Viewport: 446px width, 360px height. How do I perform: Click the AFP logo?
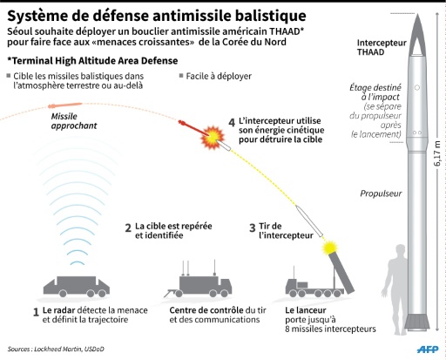coord(428,349)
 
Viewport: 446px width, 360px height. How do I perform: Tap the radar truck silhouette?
coord(77,287)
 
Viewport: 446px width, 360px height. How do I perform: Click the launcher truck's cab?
coord(292,286)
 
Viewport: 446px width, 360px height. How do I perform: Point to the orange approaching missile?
coord(64,105)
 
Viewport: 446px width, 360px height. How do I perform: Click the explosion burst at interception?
coord(213,136)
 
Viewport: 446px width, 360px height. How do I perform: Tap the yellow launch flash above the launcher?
coord(330,248)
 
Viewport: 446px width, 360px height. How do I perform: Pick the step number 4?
coord(232,123)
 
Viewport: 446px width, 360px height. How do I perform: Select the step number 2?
coord(128,228)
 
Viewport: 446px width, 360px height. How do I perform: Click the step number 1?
coord(36,312)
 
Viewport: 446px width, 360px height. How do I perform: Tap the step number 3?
coord(253,228)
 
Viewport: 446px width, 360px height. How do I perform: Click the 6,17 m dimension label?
coord(437,153)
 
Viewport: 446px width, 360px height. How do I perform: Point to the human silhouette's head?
coord(401,251)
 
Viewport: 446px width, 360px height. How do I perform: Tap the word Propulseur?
coord(381,194)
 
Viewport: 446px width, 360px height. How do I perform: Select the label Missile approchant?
coord(74,121)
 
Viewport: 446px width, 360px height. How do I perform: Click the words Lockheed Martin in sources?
coord(57,349)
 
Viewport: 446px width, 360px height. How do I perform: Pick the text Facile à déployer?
coord(219,76)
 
